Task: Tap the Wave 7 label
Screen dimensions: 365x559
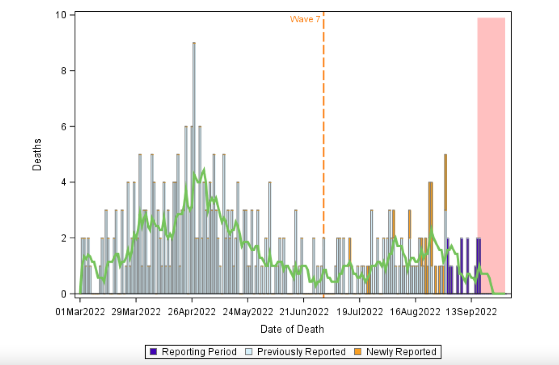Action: (x=305, y=19)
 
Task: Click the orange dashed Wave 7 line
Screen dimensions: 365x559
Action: (x=323, y=127)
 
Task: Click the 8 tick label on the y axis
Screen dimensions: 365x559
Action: (x=64, y=71)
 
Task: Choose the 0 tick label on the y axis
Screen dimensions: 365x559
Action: (x=64, y=294)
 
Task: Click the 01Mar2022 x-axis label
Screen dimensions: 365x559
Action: (x=80, y=312)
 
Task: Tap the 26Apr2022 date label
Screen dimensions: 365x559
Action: (x=192, y=312)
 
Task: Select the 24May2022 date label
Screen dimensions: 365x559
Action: (x=248, y=312)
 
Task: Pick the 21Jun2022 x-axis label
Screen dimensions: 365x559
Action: (x=304, y=312)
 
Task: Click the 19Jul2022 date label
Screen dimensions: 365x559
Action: (x=359, y=312)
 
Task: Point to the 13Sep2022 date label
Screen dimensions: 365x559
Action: (x=471, y=312)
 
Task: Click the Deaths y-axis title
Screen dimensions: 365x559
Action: (x=37, y=155)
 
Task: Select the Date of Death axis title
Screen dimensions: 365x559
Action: (x=292, y=329)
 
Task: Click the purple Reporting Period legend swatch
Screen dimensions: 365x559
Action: (x=154, y=352)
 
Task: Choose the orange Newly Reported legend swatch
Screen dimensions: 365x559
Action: (x=358, y=352)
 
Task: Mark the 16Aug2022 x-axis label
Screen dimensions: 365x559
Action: (x=415, y=312)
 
